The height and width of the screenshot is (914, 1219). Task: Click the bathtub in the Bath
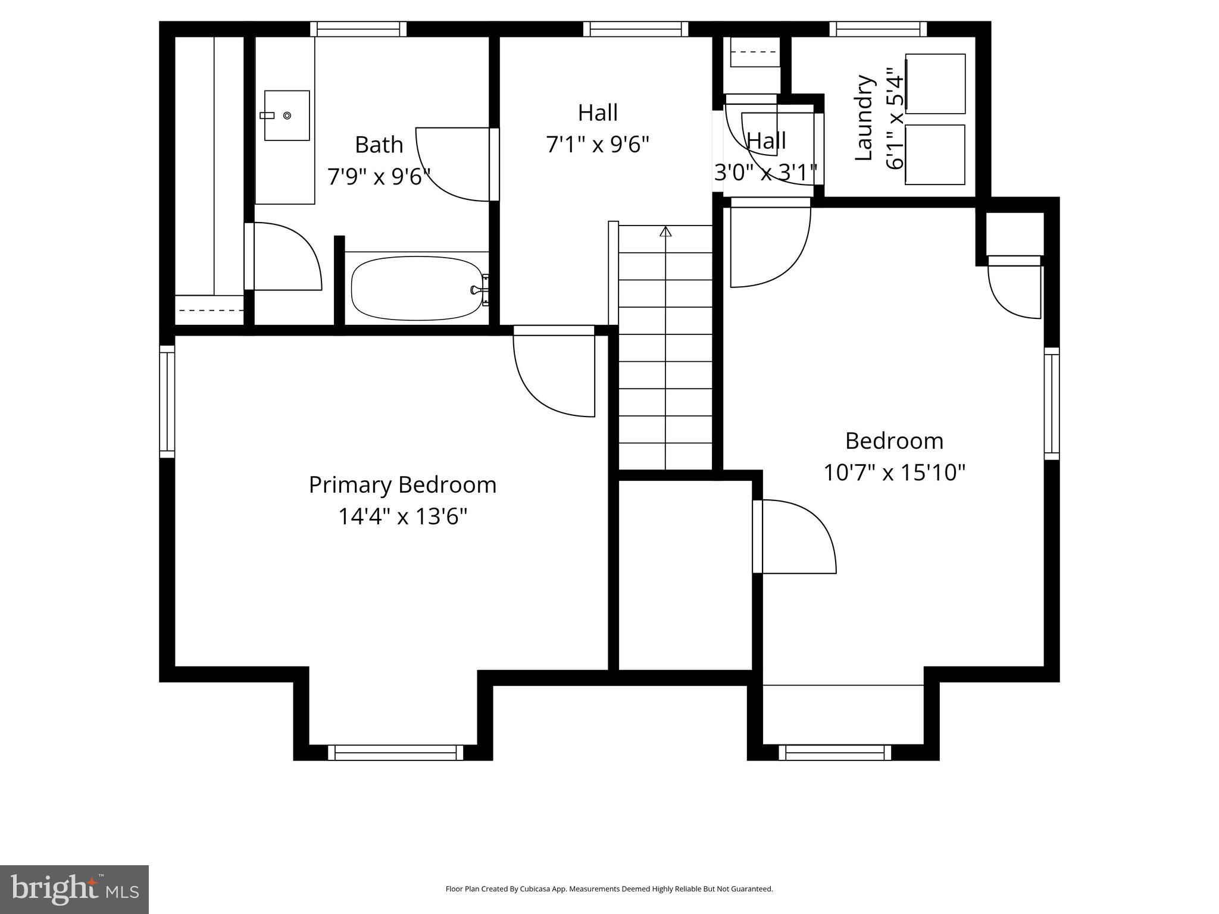click(x=417, y=289)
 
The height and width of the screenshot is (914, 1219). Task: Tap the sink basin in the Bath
click(x=287, y=115)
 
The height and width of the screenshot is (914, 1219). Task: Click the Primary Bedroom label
click(x=402, y=485)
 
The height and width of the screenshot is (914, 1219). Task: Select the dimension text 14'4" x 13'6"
click(x=402, y=517)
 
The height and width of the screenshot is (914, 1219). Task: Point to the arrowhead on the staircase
click(x=665, y=231)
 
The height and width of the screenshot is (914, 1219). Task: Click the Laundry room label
click(x=864, y=118)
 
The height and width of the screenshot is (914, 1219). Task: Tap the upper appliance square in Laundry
click(x=935, y=84)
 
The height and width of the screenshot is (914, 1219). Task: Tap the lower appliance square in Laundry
click(x=935, y=155)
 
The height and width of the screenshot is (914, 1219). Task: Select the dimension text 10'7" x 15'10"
click(x=894, y=473)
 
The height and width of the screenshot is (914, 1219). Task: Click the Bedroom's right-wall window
click(x=1052, y=403)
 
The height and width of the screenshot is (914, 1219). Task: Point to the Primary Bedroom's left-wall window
click(x=167, y=402)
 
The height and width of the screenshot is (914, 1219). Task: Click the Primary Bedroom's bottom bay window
click(x=396, y=752)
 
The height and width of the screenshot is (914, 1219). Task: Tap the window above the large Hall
click(x=636, y=29)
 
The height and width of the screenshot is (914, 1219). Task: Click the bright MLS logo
click(x=74, y=890)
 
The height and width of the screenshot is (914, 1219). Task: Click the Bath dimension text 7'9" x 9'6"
click(x=379, y=177)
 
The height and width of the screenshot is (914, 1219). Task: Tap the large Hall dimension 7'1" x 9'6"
click(x=598, y=145)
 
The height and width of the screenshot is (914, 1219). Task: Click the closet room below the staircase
click(x=685, y=574)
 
